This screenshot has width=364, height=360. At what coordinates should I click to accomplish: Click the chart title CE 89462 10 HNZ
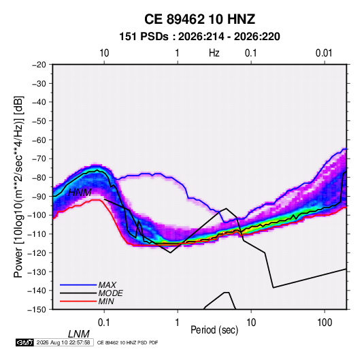tap(199, 19)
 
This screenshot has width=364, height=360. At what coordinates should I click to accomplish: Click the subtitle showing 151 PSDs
tap(199, 37)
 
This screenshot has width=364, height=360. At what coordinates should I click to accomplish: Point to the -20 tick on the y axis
tap(39, 65)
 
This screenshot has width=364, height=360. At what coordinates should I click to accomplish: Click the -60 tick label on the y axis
tap(39, 140)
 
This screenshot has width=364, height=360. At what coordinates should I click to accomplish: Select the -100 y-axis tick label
tap(37, 215)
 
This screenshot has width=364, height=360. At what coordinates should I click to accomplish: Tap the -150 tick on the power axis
tap(37, 310)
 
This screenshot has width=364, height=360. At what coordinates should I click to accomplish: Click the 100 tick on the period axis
tap(325, 323)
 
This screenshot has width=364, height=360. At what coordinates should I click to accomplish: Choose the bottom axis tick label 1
tap(178, 323)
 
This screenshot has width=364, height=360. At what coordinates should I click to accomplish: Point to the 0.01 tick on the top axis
tap(324, 53)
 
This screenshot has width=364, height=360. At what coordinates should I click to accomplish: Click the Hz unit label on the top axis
tap(214, 53)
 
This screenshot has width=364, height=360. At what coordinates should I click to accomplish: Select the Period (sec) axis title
tap(214, 330)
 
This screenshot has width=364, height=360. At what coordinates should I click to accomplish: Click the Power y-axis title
tap(18, 186)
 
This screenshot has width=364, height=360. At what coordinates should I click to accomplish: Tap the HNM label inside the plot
tap(80, 193)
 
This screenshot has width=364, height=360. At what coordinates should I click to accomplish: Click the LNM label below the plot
tap(79, 334)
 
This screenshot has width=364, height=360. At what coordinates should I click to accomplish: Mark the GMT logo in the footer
tap(25, 342)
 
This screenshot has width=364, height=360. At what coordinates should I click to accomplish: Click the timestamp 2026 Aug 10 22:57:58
tap(63, 342)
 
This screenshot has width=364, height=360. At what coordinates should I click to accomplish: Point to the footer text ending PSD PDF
tap(127, 342)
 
